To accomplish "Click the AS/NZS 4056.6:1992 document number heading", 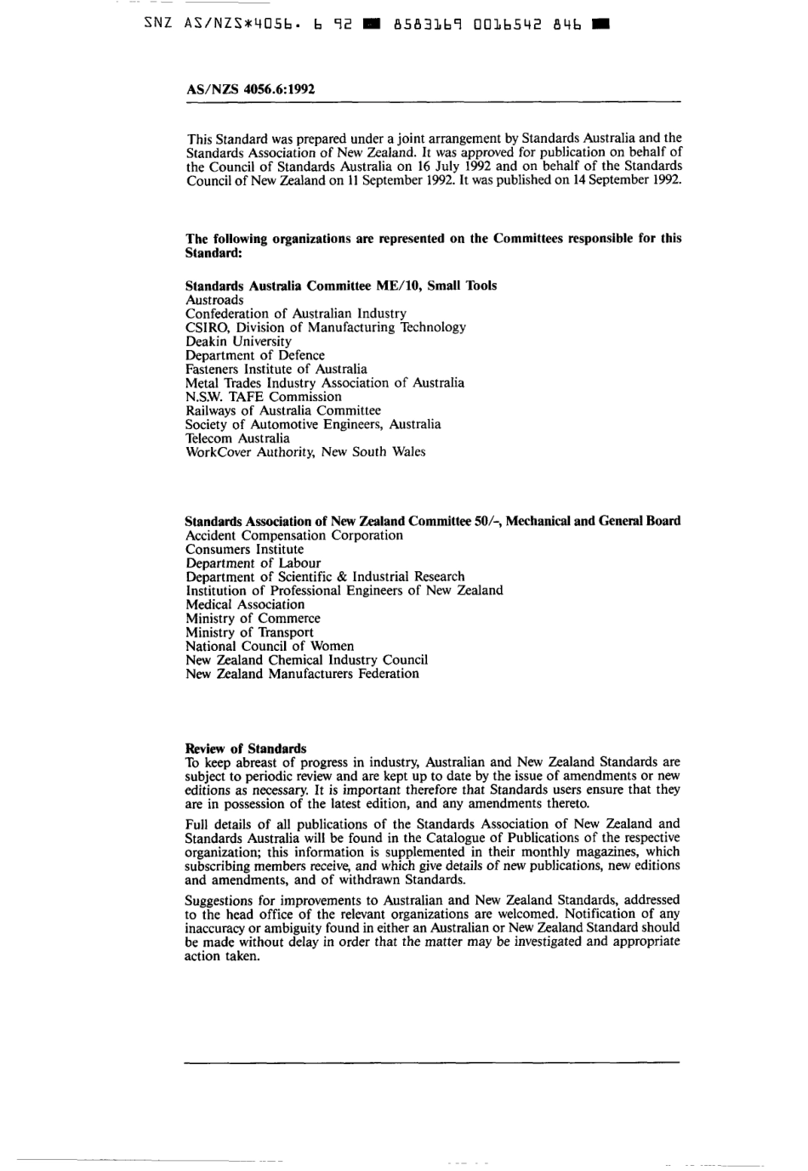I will (x=250, y=88).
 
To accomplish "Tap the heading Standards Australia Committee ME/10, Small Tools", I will (x=341, y=286).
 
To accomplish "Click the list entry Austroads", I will (x=214, y=300).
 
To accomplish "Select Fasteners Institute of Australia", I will (x=276, y=369).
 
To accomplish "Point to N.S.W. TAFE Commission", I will (x=264, y=397).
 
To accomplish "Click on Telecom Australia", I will (x=237, y=438).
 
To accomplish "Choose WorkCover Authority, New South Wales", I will (x=305, y=452).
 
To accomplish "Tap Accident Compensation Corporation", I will (x=294, y=535).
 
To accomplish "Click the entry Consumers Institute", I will (x=244, y=550).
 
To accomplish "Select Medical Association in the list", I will (x=245, y=605).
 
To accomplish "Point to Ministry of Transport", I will (x=249, y=632).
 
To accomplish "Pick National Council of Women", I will (x=270, y=646).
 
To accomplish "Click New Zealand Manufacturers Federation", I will (x=302, y=674).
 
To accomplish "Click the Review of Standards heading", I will (x=246, y=749).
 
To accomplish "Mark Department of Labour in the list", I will (x=253, y=563).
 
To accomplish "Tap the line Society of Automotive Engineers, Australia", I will (x=313, y=424).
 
